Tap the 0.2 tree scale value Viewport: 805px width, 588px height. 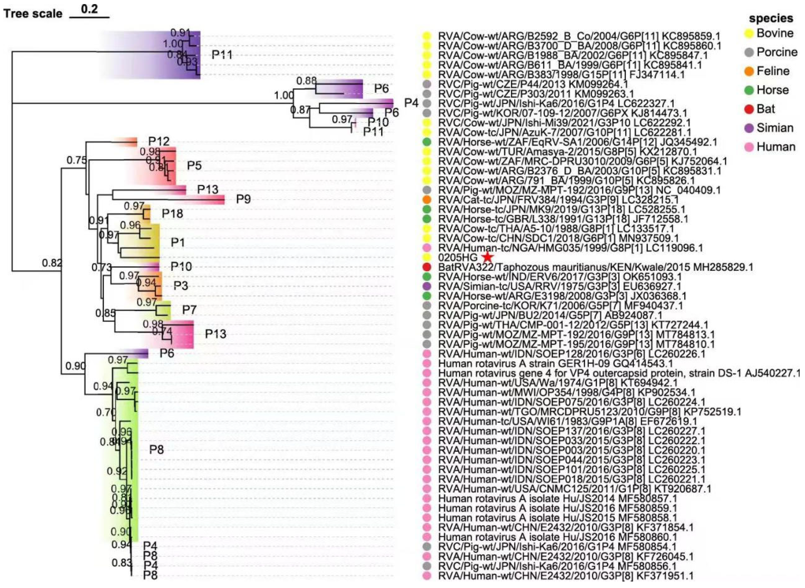pos(89,9)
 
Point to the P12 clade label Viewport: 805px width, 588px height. pos(159,142)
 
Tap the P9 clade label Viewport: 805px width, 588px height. pos(243,199)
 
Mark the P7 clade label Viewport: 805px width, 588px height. pos(189,310)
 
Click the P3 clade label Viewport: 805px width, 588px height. pos(181,286)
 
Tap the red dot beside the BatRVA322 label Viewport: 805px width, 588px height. pos(427,267)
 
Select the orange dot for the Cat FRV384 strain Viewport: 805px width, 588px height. pos(427,199)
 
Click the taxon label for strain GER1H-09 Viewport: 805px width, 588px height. pos(555,364)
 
